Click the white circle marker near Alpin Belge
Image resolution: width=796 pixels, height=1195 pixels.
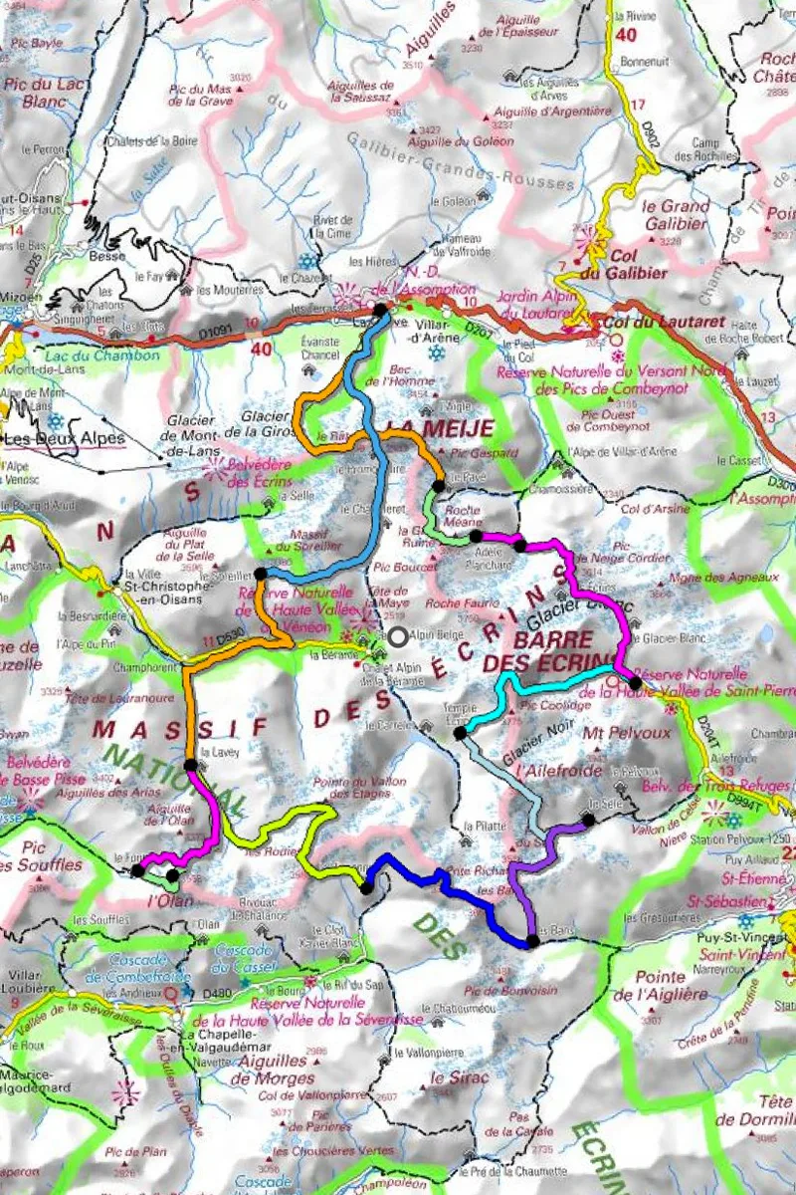click(398, 636)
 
